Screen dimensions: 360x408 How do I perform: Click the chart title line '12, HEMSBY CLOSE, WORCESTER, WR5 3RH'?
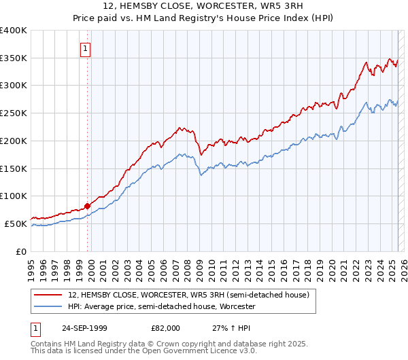coord(204,6)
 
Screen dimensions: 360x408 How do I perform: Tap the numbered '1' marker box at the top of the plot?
coord(86,48)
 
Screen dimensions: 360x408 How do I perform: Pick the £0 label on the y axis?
coord(22,251)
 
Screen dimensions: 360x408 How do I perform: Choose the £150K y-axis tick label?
coord(15,168)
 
